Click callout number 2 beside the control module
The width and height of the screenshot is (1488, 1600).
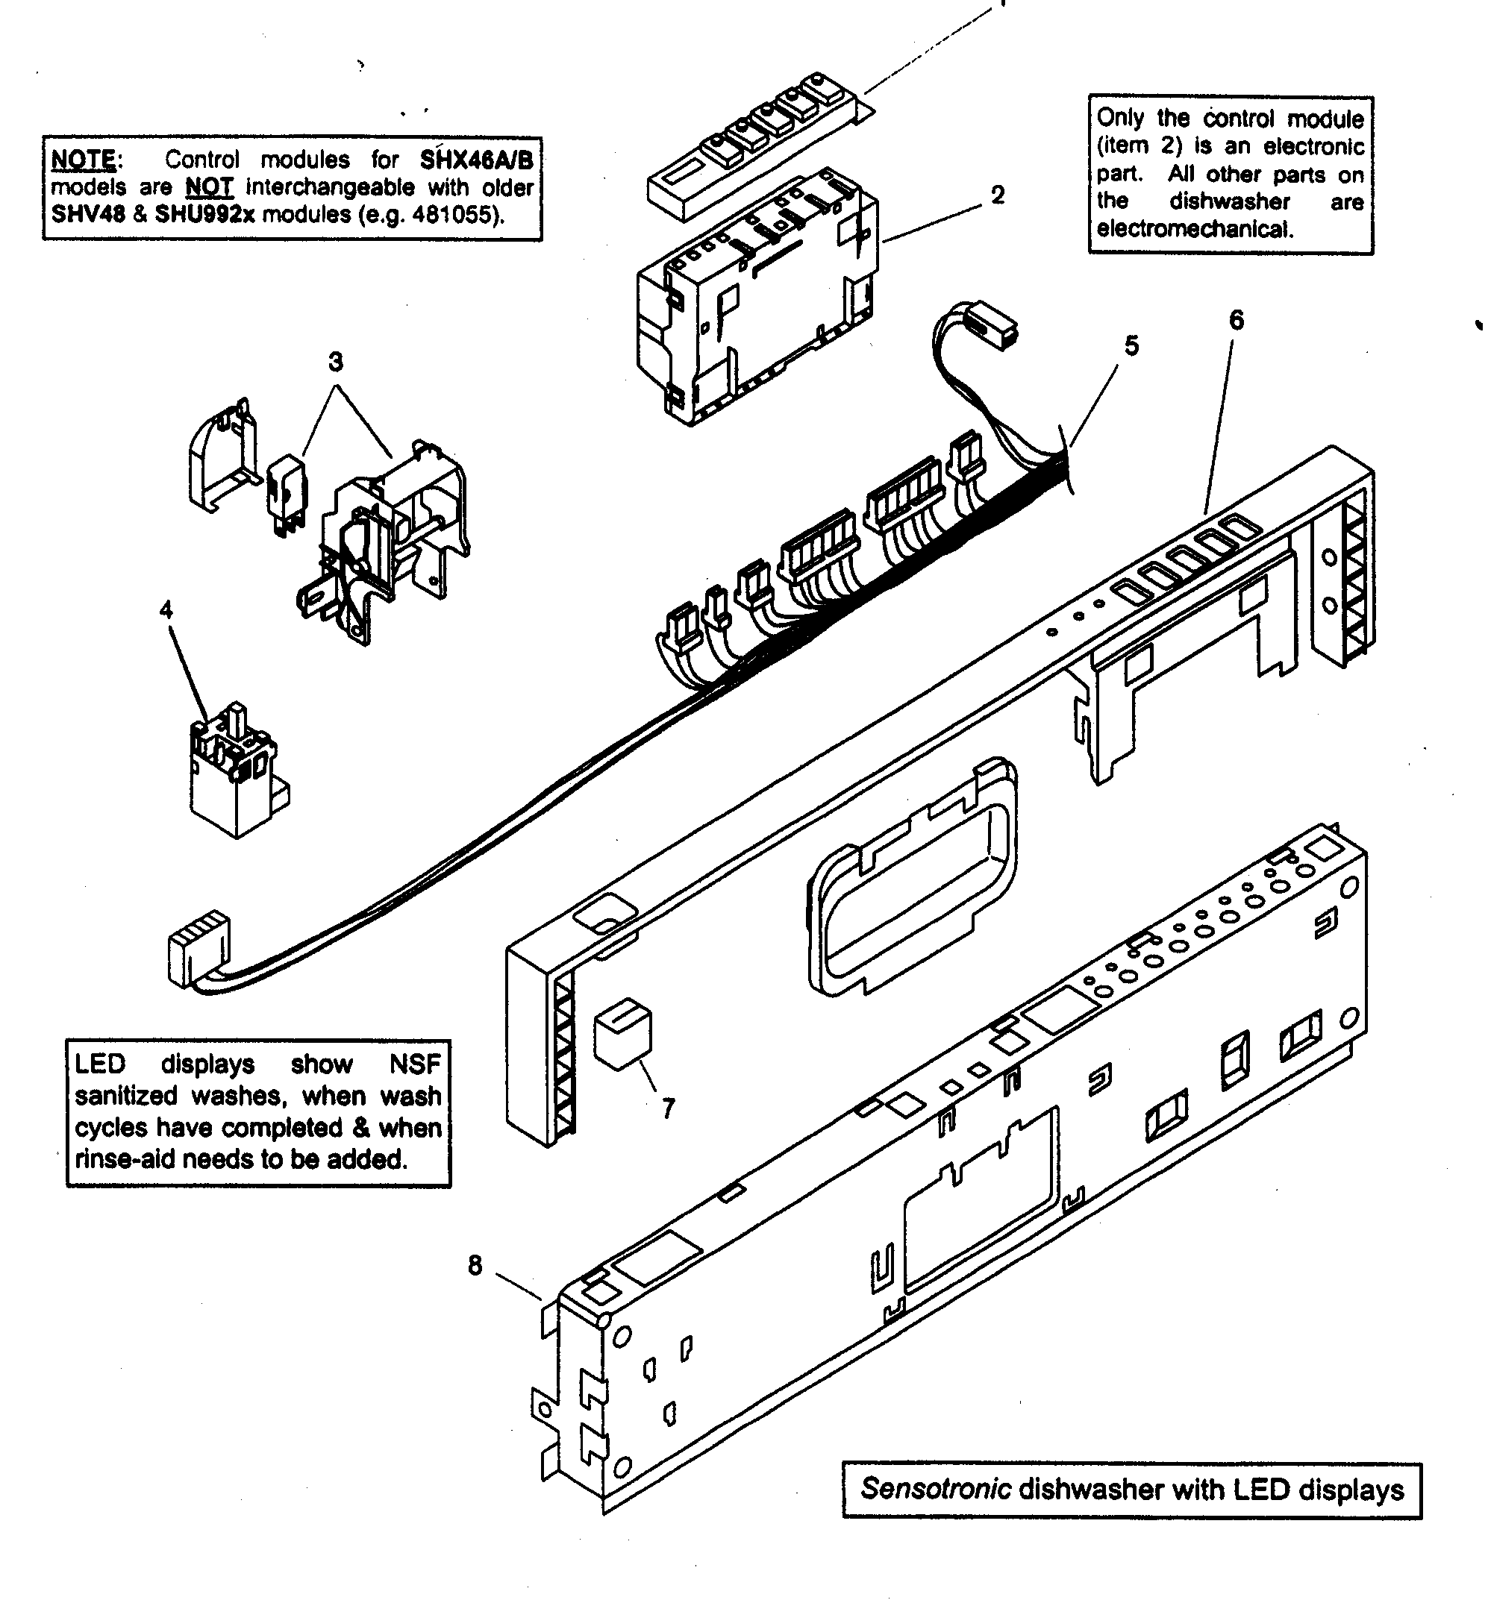(x=998, y=195)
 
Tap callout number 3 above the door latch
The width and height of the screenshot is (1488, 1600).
(x=336, y=363)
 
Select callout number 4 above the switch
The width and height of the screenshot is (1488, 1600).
(x=166, y=610)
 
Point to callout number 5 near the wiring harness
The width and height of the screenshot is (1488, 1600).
(x=1131, y=346)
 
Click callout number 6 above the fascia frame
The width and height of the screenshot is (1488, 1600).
(x=1236, y=320)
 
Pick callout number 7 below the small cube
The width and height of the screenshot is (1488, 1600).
(x=669, y=1109)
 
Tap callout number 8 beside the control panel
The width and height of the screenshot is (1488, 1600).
(x=475, y=1266)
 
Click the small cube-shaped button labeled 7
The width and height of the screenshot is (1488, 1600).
(x=622, y=1034)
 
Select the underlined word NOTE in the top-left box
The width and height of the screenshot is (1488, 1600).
(x=84, y=160)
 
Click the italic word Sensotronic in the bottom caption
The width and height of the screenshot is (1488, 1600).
(x=935, y=1489)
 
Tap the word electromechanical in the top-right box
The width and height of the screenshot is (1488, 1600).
(x=1194, y=230)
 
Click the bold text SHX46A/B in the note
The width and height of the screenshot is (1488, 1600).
(x=476, y=160)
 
